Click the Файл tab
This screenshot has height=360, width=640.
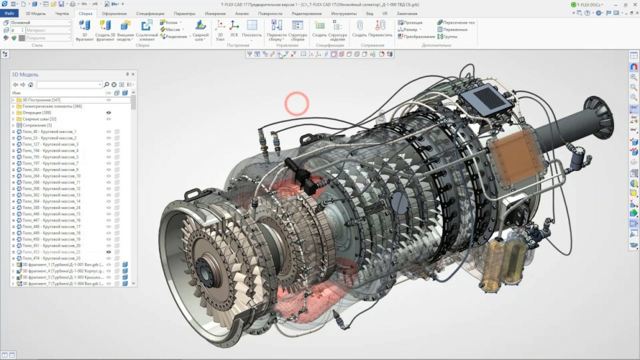[x=9, y=13]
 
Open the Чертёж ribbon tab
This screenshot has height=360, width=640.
[x=62, y=13]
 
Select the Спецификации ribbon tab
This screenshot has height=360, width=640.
[x=150, y=13]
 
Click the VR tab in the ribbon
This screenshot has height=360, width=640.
[x=385, y=13]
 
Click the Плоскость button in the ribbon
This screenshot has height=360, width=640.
[x=252, y=29]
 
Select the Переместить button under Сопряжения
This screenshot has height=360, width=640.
[x=380, y=29]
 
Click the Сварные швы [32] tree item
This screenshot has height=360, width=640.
[x=39, y=119]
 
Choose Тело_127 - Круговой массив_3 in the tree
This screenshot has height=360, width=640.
[x=50, y=144]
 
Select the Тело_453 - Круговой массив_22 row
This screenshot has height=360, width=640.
[x=52, y=252]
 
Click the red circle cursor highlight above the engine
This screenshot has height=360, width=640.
[x=296, y=104]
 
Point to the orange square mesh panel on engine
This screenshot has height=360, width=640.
[x=513, y=154]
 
